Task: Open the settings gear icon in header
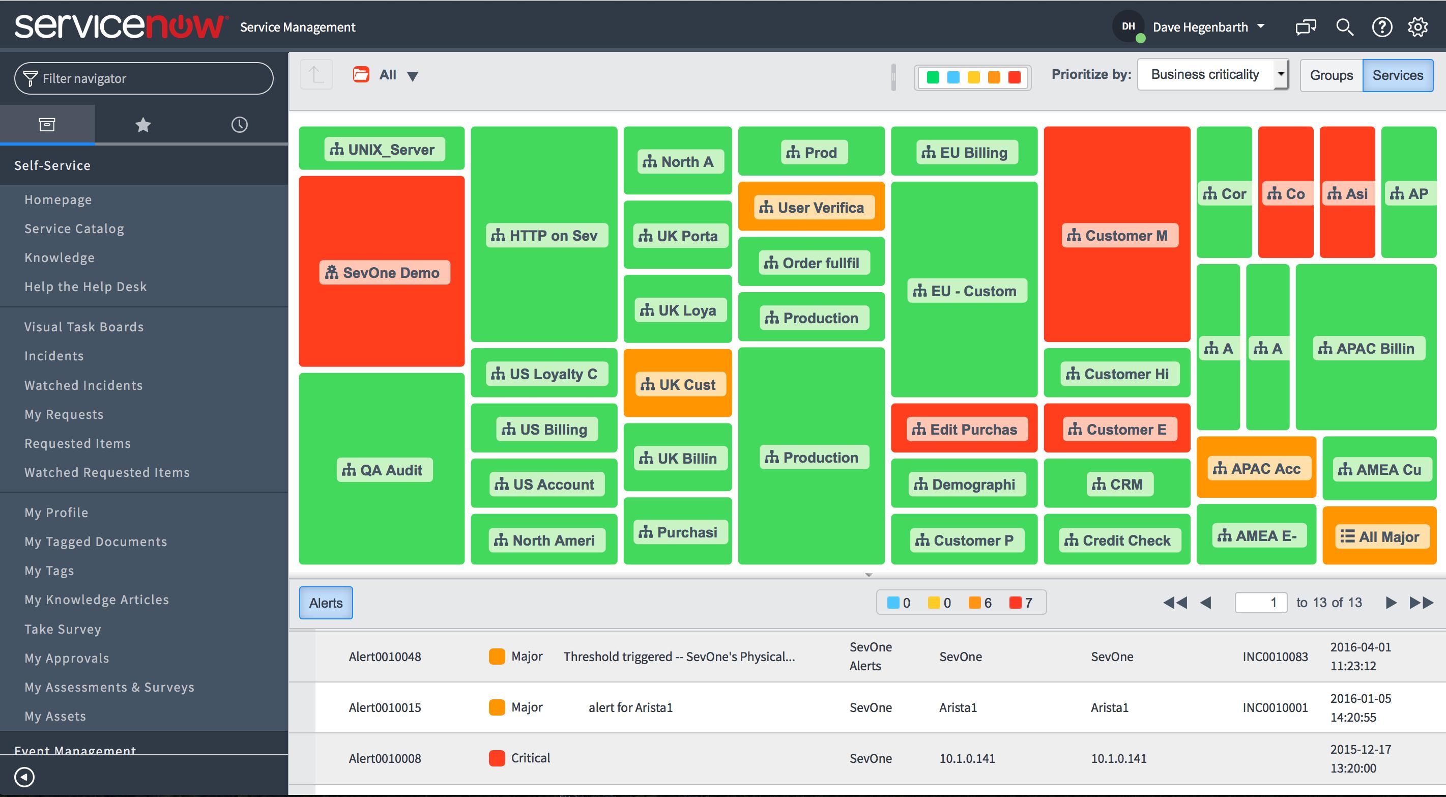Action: tap(1418, 27)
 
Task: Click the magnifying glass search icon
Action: tap(1344, 27)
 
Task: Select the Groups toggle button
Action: tap(1331, 75)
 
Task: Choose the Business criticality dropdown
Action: tap(1212, 75)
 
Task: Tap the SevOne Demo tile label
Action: tap(385, 272)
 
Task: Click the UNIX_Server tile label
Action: tap(385, 150)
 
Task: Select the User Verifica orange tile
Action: tap(811, 207)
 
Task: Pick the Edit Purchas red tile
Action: tap(964, 429)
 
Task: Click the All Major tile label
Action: tap(1380, 537)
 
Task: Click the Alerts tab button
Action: tap(326, 603)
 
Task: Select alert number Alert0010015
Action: tap(385, 708)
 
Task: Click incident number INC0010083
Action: tap(1275, 657)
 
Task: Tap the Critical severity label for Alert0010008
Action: tap(530, 758)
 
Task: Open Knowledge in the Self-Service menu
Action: tap(60, 258)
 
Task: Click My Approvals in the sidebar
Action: tap(67, 658)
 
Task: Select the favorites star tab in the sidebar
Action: tap(143, 125)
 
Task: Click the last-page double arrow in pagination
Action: tap(1421, 603)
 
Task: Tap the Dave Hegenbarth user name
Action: tap(1200, 27)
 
